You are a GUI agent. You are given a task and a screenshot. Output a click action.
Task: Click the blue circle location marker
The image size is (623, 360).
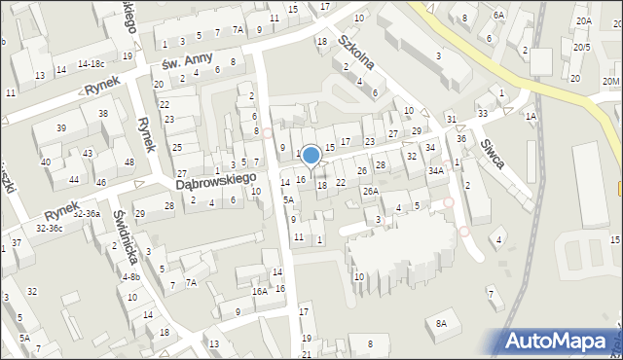311,155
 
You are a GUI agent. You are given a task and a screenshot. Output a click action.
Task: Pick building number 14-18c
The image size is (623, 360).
91,64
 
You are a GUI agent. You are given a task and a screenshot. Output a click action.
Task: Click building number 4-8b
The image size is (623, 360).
130,276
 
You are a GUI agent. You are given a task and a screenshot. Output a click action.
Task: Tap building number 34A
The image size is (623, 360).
436,170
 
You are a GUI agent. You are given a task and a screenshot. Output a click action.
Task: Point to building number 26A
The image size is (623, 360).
371,191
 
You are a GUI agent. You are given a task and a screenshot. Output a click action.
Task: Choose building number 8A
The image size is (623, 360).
441,323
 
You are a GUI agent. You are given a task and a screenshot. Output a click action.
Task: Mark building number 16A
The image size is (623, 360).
259,291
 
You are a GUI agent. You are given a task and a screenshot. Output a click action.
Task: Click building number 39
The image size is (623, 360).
61,128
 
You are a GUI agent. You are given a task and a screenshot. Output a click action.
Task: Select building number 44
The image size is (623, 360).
74,180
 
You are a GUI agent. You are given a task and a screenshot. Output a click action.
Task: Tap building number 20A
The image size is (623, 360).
583,20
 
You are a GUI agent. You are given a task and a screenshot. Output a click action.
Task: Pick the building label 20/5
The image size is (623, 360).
581,47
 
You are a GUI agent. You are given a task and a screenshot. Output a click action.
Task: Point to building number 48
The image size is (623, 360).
129,162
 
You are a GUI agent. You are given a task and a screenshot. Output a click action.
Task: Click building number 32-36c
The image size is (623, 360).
49,229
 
